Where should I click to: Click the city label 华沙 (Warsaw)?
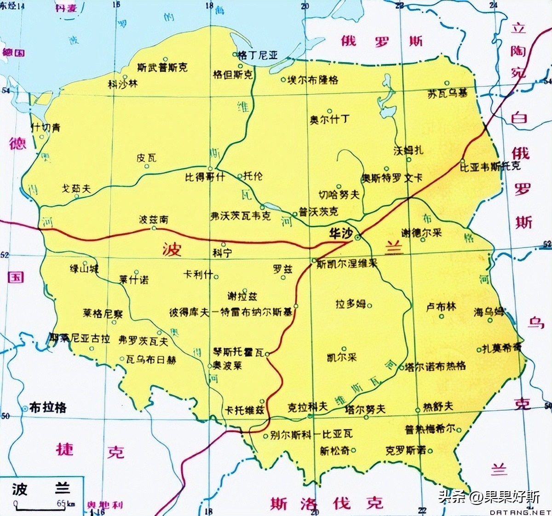[x=341, y=233]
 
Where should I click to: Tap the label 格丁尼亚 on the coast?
[x=258, y=56]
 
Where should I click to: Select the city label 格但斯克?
[x=233, y=75]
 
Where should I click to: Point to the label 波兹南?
[x=154, y=220]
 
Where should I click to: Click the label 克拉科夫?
[x=307, y=407]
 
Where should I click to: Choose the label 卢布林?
[x=441, y=307]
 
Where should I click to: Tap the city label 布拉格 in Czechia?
[x=48, y=407]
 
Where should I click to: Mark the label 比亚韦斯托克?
[x=490, y=166]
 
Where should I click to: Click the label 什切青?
[x=46, y=127]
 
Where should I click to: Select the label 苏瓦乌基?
[x=447, y=93]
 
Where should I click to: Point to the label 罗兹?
[x=282, y=269]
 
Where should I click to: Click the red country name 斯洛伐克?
[x=326, y=503]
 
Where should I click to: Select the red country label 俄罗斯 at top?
[x=381, y=41]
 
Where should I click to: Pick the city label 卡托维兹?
[x=244, y=410]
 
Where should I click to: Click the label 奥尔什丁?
[x=329, y=120]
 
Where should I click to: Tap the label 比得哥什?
[x=205, y=177]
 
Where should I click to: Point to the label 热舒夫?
[x=438, y=406]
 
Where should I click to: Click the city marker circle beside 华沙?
[x=357, y=237]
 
